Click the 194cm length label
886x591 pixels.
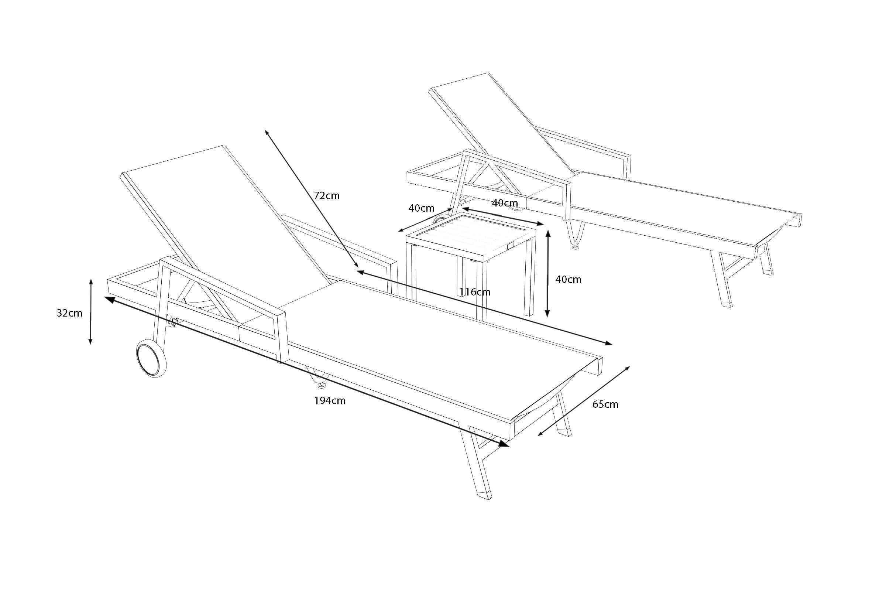330,401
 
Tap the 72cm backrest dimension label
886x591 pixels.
327,196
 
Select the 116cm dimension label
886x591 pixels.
475,292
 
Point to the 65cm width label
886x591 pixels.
605,404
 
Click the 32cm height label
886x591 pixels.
69,313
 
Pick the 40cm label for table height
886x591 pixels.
569,279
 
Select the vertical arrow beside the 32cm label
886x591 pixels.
90,312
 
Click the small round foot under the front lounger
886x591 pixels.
321,385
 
